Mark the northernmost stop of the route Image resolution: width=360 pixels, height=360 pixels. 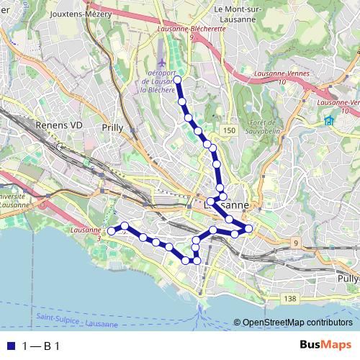(177, 80)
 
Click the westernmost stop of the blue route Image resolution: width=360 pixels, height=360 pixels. (112, 231)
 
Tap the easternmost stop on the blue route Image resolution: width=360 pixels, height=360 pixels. (249, 229)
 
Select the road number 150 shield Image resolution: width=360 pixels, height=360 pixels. (229, 130)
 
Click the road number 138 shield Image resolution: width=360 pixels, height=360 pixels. (289, 298)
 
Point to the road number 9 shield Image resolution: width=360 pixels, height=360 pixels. (294, 243)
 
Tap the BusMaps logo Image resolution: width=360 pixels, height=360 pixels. (325, 346)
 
